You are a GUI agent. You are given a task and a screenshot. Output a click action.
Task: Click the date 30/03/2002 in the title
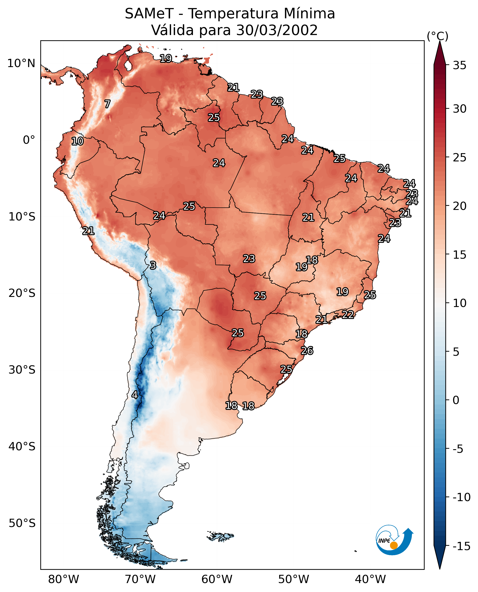point(277,30)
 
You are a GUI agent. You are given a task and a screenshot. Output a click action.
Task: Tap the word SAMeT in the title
point(149,14)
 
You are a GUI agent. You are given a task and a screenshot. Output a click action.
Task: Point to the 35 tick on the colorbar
point(459,65)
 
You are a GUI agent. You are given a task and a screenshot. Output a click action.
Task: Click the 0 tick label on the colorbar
point(456,400)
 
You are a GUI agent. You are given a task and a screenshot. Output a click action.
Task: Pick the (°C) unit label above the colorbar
point(437,36)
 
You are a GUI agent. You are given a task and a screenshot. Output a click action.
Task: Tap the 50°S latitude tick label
point(22,523)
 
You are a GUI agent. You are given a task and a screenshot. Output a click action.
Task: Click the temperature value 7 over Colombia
point(107,104)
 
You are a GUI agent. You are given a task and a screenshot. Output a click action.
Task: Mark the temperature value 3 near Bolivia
point(153,265)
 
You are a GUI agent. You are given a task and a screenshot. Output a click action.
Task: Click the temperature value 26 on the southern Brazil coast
point(307,351)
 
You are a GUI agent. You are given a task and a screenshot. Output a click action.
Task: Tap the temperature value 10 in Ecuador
point(77,141)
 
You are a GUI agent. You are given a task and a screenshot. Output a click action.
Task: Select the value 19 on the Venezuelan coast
point(166,58)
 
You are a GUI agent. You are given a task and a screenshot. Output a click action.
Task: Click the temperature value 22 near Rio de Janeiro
point(348,315)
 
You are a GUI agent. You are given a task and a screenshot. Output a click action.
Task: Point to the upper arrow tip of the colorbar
point(440,41)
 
